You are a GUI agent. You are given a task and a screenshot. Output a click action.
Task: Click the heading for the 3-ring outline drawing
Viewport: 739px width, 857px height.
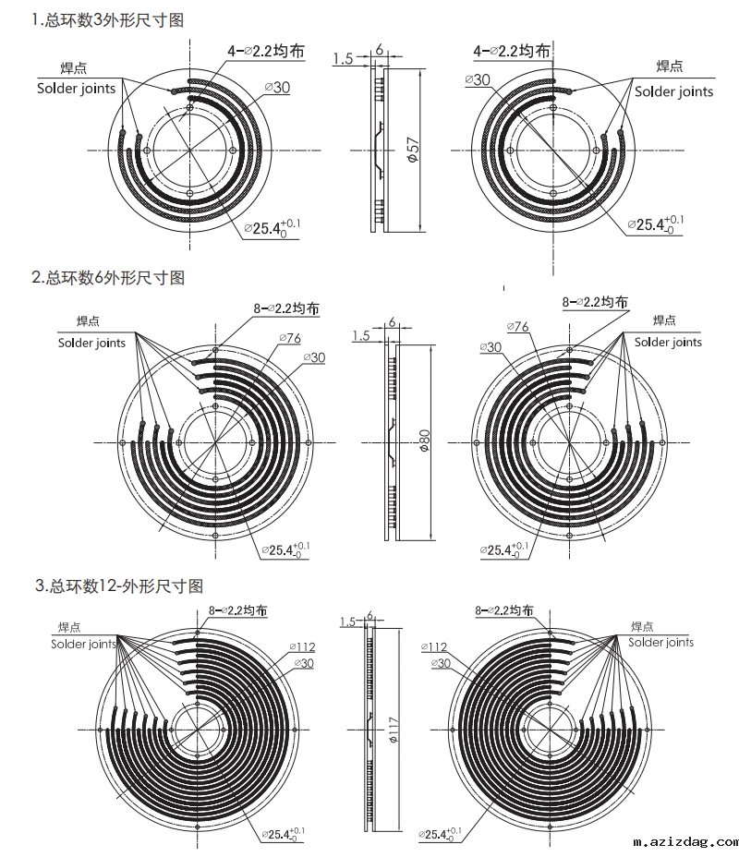pos(107,20)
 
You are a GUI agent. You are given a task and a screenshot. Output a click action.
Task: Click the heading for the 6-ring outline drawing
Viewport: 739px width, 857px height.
pos(108,278)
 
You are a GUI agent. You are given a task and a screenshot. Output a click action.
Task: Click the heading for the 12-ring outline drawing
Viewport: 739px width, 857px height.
pos(119,585)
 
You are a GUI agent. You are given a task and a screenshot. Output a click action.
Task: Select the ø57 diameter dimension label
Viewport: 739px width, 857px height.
pos(413,150)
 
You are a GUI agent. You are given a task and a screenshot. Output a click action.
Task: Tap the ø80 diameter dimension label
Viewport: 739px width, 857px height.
pos(424,441)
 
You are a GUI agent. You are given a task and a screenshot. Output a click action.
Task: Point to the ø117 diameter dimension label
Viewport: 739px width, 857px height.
pos(393,730)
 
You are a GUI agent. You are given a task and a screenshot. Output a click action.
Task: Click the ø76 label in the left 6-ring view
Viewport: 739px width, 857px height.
pos(290,338)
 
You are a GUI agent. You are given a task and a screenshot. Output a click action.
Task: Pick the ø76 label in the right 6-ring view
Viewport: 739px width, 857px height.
pos(517,326)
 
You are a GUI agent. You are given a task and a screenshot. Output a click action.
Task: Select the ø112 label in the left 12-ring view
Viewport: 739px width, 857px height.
pos(302,647)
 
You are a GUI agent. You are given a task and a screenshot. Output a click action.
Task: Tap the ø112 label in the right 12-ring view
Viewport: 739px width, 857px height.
pos(434,647)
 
